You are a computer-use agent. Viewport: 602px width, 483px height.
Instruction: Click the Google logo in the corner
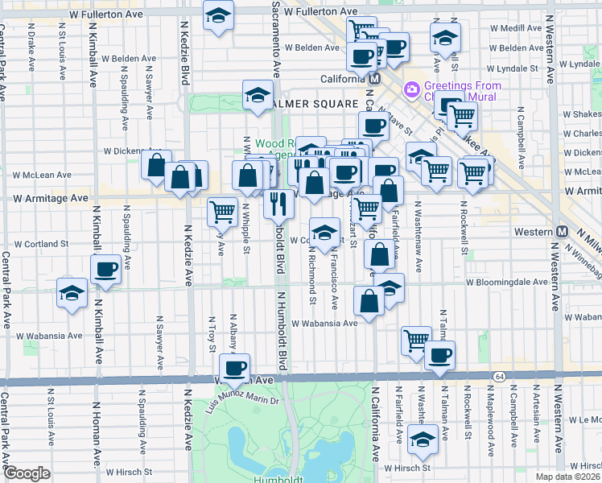pos(27,473)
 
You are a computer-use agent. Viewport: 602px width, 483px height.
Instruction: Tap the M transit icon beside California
pos(374,79)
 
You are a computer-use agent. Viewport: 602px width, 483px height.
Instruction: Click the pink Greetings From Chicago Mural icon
pos(411,87)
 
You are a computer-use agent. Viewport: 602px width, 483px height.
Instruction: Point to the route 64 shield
pos(500,376)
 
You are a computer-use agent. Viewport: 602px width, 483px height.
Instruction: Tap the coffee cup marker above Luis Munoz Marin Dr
pos(234,368)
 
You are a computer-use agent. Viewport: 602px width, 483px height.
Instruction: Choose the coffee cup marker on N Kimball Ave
pos(105,269)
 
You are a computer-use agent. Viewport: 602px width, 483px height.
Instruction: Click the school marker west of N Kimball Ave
pos(72,292)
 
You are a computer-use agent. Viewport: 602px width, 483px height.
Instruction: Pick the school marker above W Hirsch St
pos(422,440)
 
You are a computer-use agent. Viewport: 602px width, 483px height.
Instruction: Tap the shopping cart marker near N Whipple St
pos(222,212)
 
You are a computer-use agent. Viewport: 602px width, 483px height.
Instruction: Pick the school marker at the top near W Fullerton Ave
pos(217,16)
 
